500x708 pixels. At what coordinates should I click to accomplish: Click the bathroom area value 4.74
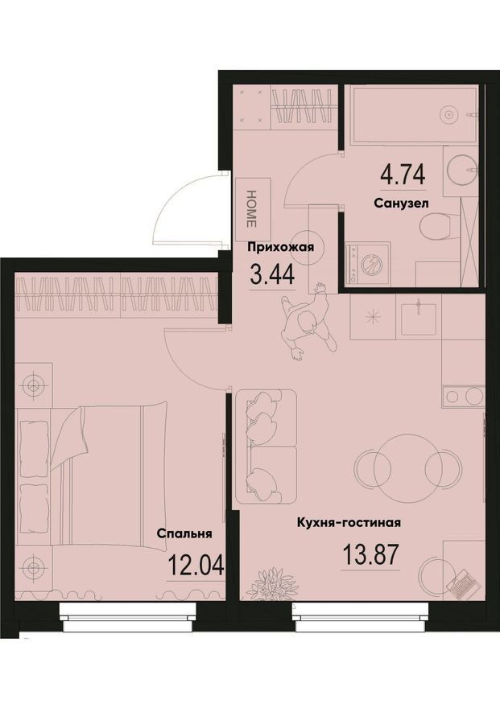[403, 175]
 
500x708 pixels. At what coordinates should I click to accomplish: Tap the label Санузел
[401, 204]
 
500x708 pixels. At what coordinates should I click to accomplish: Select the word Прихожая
[280, 247]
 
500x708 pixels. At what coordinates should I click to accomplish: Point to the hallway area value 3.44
[272, 274]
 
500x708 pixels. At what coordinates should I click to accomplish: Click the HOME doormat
[253, 208]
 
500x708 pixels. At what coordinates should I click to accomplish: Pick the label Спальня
[184, 533]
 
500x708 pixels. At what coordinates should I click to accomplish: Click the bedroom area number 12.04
[196, 565]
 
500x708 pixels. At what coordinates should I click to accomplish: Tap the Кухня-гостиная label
[349, 523]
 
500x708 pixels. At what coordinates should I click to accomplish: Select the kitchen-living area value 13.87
[371, 554]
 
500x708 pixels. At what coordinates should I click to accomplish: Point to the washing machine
[367, 263]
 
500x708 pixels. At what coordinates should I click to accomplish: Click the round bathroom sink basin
[461, 170]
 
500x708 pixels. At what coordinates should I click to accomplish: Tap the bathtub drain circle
[448, 114]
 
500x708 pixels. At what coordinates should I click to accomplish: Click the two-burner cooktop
[464, 397]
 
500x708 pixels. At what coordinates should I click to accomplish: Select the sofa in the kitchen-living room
[266, 447]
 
